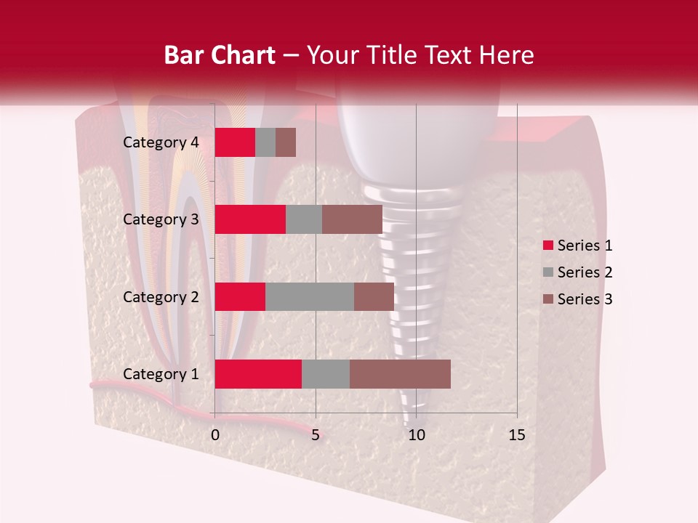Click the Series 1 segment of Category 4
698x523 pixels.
point(235,142)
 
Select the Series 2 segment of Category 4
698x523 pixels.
point(265,142)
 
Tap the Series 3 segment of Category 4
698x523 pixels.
point(286,142)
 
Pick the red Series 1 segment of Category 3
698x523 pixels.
point(250,219)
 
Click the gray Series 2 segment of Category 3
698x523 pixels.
point(304,219)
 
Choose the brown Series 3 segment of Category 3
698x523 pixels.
point(352,219)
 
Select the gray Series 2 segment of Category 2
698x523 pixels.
point(310,297)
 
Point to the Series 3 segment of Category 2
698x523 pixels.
point(374,297)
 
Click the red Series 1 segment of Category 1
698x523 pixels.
point(258,374)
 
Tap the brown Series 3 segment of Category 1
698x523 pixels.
point(400,374)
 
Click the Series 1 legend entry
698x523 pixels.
point(577,246)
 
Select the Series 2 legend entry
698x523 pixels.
point(577,272)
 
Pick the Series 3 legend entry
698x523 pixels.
point(577,299)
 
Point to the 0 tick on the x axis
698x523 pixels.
point(215,435)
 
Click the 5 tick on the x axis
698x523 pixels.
point(316,435)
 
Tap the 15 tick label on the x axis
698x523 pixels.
point(516,435)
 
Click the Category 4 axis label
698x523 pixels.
point(161,142)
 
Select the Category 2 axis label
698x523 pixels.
point(161,297)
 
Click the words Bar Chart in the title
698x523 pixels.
point(220,55)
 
